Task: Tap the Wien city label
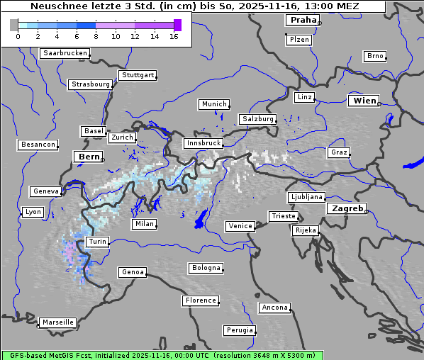pos(364,101)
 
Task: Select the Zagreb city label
pos(346,208)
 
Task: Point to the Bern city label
pos(89,157)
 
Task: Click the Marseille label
pos(57,322)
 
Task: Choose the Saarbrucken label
pos(65,53)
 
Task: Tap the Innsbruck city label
pos(203,143)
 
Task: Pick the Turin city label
pos(97,242)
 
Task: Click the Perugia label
pos(239,330)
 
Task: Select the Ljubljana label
pos(306,197)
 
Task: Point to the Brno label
pos(374,56)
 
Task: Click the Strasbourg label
pos(91,84)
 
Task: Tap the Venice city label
pos(240,226)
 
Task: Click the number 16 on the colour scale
pos(173,36)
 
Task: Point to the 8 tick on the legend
pos(96,36)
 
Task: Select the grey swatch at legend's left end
pos(13,25)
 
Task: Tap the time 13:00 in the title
pos(322,6)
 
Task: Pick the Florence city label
pos(201,300)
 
